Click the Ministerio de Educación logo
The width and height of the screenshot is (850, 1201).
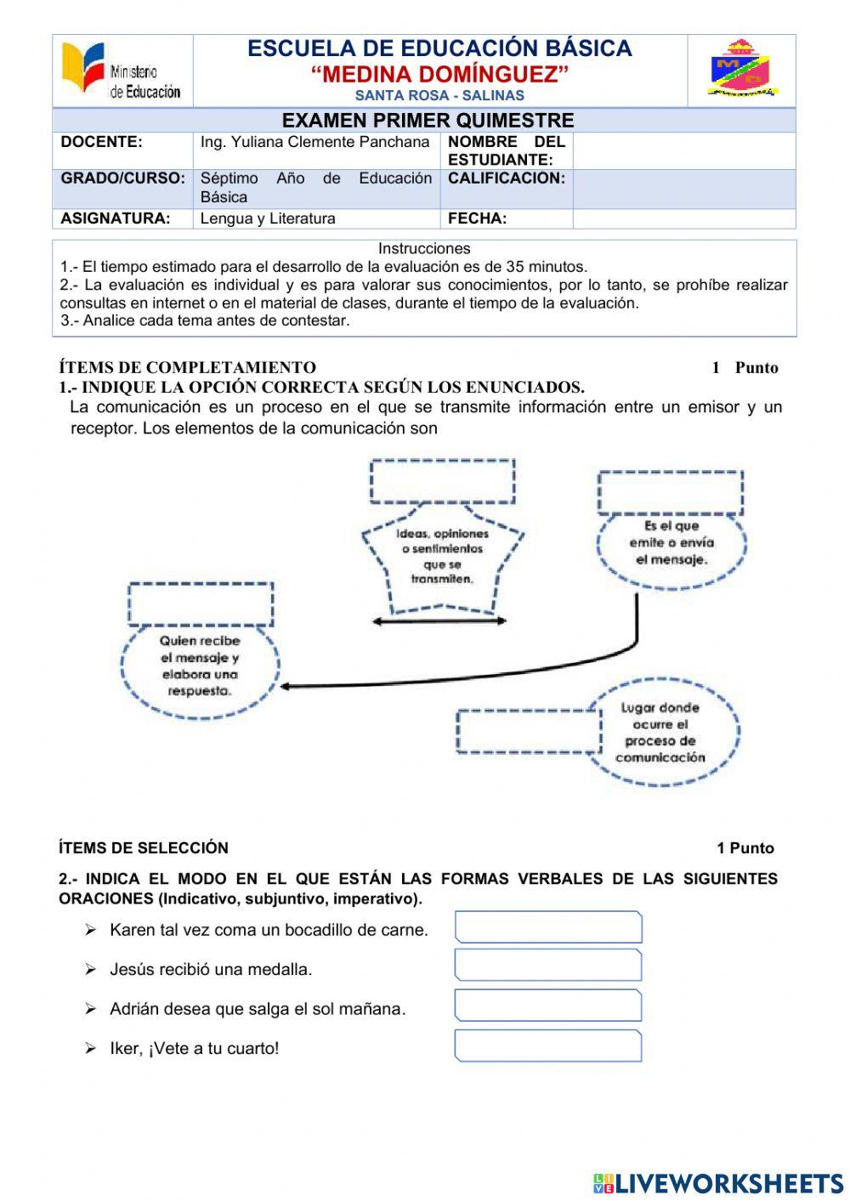(x=122, y=71)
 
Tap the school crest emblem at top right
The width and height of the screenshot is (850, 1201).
(x=741, y=70)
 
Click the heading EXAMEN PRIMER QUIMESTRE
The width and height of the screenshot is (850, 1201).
(x=428, y=120)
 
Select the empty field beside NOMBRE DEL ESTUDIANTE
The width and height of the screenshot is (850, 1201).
(x=683, y=150)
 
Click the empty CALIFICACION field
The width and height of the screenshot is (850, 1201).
(x=683, y=188)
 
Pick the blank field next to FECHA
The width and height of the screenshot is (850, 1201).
(x=683, y=218)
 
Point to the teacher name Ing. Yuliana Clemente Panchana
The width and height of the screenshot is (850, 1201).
(x=314, y=143)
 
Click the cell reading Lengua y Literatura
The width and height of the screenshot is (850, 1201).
(x=268, y=218)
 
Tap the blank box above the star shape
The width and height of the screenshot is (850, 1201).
(x=442, y=481)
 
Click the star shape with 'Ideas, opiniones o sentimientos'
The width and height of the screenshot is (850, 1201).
(x=442, y=558)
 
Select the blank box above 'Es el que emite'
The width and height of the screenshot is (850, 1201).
(x=670, y=492)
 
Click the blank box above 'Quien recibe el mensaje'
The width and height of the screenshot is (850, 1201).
(x=201, y=604)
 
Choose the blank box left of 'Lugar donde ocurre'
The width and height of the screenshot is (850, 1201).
(x=528, y=731)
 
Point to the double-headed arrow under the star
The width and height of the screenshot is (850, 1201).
(x=439, y=621)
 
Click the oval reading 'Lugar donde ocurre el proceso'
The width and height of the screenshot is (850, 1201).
(x=661, y=732)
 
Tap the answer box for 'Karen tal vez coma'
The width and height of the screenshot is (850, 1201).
(x=548, y=927)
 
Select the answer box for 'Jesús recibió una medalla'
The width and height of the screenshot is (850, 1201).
(x=548, y=966)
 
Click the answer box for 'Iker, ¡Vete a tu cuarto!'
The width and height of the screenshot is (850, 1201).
(x=548, y=1045)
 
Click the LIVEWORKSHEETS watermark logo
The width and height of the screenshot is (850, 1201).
(x=717, y=1183)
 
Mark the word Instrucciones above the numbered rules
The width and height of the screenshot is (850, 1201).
(x=424, y=249)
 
